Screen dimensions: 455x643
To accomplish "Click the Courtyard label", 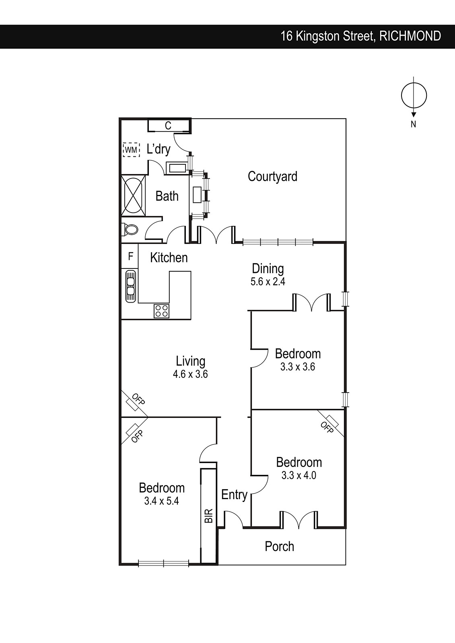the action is pyautogui.click(x=272, y=176).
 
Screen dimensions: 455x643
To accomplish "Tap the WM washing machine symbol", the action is pyautogui.click(x=132, y=149).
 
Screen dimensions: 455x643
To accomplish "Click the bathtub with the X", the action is pyautogui.click(x=133, y=195).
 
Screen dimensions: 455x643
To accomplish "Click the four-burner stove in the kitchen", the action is pyautogui.click(x=161, y=311).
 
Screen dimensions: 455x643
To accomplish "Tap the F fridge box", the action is pyautogui.click(x=130, y=256).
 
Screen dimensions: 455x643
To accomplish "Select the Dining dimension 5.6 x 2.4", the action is pyautogui.click(x=268, y=282).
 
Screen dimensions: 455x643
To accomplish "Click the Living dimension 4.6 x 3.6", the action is pyautogui.click(x=190, y=374).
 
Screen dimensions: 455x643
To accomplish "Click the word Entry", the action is pyautogui.click(x=234, y=495).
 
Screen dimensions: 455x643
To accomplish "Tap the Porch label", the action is pyautogui.click(x=279, y=546).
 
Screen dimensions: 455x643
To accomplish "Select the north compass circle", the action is pyautogui.click(x=414, y=96).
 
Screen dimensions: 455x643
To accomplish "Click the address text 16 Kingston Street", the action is pyautogui.click(x=328, y=37).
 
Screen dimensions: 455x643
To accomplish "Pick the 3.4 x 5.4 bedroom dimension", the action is pyautogui.click(x=162, y=501).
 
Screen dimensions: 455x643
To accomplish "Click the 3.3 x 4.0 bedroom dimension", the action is pyautogui.click(x=299, y=475).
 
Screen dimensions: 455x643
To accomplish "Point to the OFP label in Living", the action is pyautogui.click(x=138, y=399).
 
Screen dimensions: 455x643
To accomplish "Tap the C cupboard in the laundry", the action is pyautogui.click(x=168, y=125).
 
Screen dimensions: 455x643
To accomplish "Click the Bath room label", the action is pyautogui.click(x=167, y=197).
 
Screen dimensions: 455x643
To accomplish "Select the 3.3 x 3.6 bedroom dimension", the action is pyautogui.click(x=298, y=367).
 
